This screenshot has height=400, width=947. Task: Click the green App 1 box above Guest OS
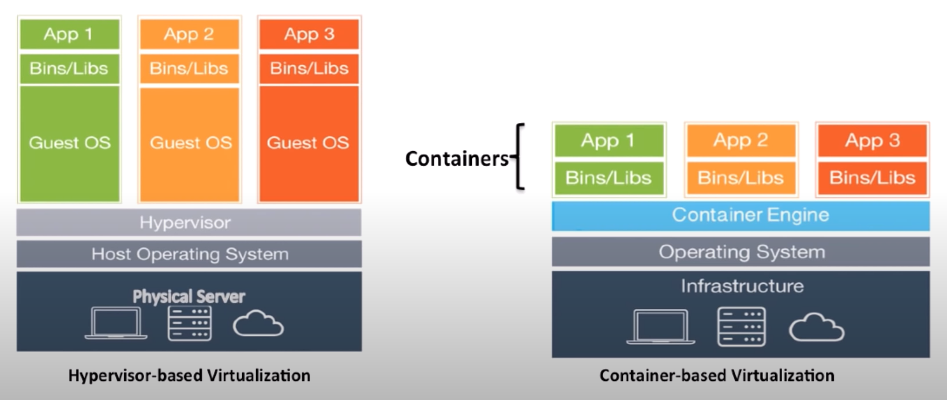[69, 34]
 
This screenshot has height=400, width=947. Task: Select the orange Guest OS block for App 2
[190, 143]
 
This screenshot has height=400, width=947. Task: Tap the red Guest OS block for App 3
[309, 143]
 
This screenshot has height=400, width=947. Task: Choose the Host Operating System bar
[189, 254]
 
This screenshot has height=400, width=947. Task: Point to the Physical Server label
[189, 297]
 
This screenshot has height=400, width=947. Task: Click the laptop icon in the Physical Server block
[116, 323]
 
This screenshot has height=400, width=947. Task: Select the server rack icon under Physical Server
[189, 323]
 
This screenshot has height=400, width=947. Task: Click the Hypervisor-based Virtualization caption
[189, 376]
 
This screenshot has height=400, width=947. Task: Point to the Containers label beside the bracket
[456, 159]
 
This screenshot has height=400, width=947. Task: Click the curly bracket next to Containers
[520, 156]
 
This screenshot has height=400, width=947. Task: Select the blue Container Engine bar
[741, 215]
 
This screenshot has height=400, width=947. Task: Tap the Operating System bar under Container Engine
[741, 252]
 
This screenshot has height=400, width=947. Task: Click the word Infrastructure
[742, 286]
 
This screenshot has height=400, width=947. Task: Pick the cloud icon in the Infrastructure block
[816, 327]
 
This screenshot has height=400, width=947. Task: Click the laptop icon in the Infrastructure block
[660, 327]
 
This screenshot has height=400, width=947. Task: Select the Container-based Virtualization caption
[716, 376]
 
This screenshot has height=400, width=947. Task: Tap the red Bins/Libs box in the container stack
[872, 178]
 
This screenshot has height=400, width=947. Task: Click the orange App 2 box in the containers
[741, 140]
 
